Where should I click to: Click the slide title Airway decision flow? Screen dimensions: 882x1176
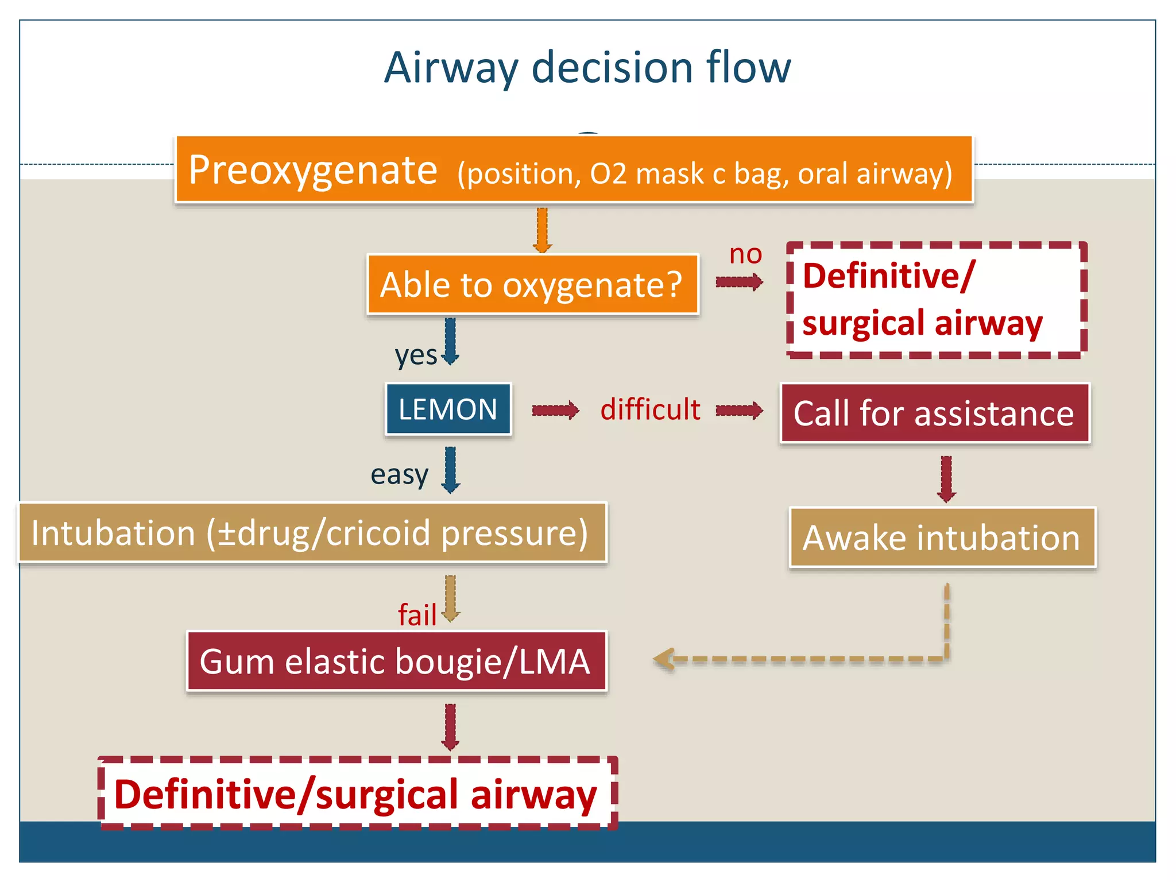[x=587, y=68]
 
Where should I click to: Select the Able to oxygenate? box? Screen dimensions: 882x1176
[x=532, y=285]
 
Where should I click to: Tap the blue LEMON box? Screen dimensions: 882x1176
[x=448, y=409]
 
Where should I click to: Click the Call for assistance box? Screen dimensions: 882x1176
[x=934, y=413]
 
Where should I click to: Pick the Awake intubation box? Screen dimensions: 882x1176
[x=942, y=537]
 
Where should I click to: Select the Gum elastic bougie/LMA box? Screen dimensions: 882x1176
[x=396, y=661]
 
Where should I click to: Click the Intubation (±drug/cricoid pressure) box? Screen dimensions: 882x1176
[x=312, y=533]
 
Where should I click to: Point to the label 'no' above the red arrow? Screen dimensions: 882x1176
[x=745, y=254]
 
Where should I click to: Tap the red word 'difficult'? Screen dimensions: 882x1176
[x=650, y=410]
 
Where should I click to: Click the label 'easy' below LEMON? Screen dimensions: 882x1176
[x=399, y=475]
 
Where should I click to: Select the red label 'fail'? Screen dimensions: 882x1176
[x=417, y=616]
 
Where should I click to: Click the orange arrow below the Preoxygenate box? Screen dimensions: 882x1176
[x=542, y=230]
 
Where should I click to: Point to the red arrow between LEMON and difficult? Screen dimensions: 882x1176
[x=555, y=411]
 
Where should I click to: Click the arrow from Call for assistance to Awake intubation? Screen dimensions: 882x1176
[x=946, y=478]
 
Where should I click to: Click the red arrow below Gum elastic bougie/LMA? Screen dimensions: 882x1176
[x=450, y=727]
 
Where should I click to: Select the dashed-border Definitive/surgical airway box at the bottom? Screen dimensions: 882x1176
[x=357, y=794]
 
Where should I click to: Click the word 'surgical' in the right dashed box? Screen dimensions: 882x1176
[x=863, y=323]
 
